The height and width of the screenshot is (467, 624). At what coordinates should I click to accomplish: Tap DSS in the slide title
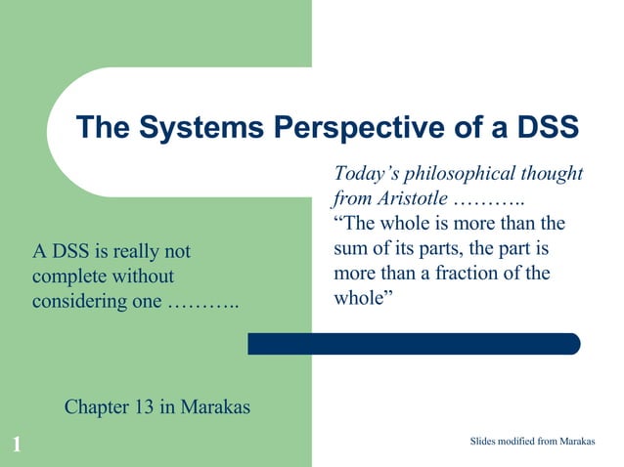coord(542,128)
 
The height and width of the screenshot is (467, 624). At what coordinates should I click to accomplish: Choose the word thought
coord(554,175)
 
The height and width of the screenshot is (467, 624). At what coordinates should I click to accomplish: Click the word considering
coord(78,302)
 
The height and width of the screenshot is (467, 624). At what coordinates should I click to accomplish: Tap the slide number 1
coord(17,446)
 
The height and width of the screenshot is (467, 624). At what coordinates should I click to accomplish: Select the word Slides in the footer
coord(484,443)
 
